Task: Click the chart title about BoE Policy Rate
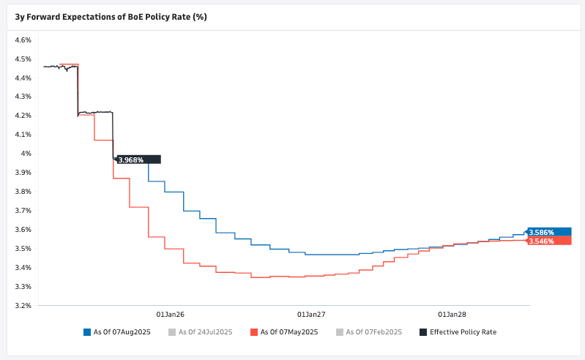click(111, 16)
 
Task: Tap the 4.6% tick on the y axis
click(22, 40)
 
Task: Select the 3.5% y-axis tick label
click(22, 249)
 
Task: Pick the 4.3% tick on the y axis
click(22, 97)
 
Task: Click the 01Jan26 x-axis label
click(170, 315)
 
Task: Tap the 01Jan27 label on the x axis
click(311, 315)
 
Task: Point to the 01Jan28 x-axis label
click(452, 315)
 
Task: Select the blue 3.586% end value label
click(548, 232)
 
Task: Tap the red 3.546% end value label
click(548, 241)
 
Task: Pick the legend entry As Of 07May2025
click(288, 332)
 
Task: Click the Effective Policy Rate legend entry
click(463, 332)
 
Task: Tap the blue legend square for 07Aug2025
click(87, 332)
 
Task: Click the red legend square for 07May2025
click(254, 332)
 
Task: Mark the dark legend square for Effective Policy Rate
click(423, 332)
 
